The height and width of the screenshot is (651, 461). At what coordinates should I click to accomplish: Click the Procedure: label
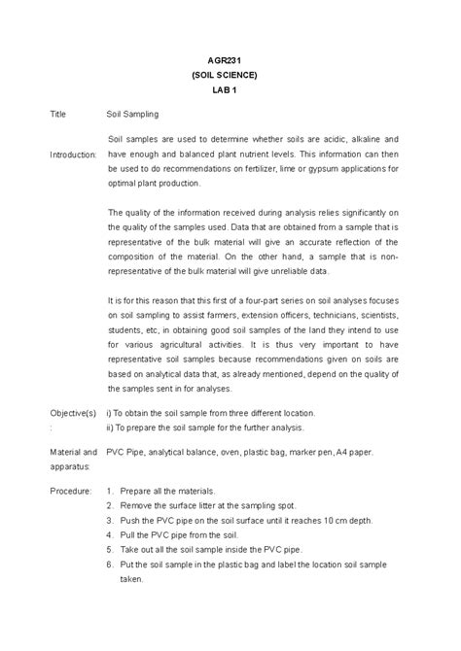(x=71, y=491)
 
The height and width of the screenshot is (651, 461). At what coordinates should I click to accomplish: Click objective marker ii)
(x=112, y=427)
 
